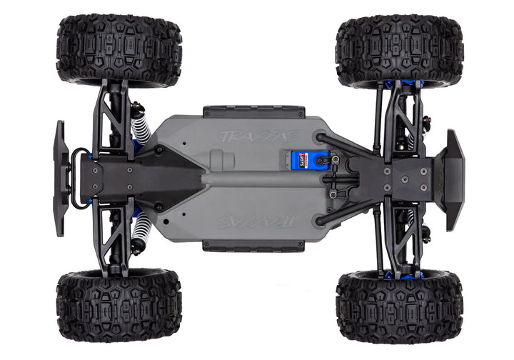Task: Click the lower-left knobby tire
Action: coord(119,305)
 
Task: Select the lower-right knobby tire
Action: coord(399,306)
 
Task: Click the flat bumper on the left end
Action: coord(60,178)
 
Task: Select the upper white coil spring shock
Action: coord(141,124)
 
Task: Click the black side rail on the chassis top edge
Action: coord(253,111)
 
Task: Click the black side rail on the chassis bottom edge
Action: coord(253,246)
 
